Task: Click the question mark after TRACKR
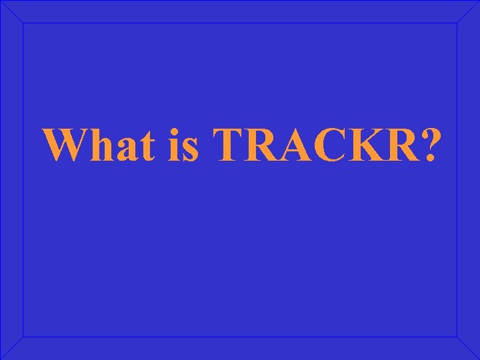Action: click(427, 144)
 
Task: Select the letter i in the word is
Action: click(171, 144)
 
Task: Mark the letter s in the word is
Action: click(189, 148)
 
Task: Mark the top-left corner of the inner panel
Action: click(23, 23)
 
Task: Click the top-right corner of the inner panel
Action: click(457, 23)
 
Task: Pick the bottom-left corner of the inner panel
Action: click(23, 336)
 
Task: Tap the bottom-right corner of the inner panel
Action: click(457, 336)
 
